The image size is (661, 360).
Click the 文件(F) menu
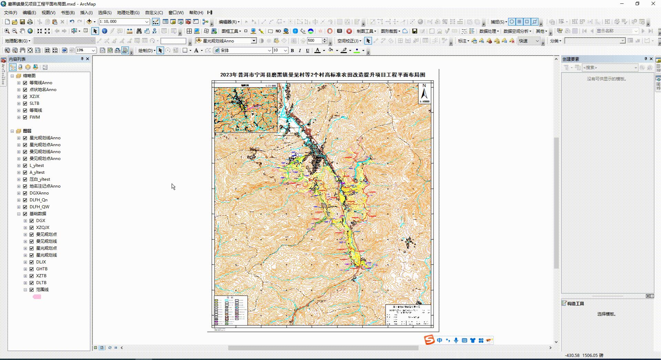10,13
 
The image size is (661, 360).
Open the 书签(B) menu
68,13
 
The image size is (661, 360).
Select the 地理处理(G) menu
128,13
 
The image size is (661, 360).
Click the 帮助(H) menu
196,13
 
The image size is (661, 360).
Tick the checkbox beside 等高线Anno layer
25,83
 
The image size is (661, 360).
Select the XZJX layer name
34,97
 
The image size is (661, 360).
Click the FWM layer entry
34,117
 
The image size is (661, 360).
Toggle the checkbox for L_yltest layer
25,166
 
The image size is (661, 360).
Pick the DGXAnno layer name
39,193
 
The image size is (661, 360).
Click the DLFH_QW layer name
39,207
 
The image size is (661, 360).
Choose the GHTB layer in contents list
42,269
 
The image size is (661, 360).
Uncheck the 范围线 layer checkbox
32,290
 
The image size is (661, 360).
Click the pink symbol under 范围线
37,297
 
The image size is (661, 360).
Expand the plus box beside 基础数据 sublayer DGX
25,221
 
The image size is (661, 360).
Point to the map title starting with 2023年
323,75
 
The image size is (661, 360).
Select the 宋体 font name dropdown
243,50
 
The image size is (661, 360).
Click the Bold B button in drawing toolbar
292,50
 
